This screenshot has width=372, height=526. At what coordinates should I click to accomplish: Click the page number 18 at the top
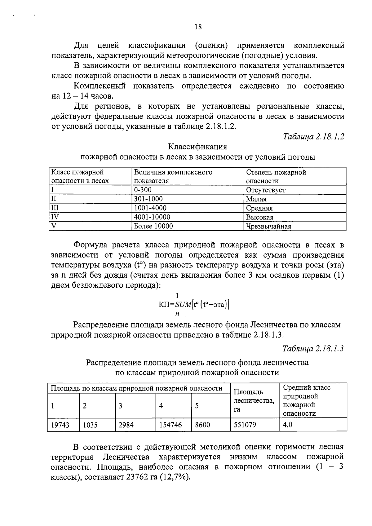point(198,27)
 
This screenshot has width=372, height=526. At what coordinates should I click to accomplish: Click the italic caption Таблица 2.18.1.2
point(313,137)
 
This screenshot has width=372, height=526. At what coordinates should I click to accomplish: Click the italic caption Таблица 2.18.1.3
point(313,348)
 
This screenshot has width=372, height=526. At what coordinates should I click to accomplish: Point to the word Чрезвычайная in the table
point(268,226)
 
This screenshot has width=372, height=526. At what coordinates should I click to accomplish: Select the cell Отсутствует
point(266,190)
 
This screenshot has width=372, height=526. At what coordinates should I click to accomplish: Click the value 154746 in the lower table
point(170,425)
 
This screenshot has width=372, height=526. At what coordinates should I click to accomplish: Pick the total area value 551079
point(245,425)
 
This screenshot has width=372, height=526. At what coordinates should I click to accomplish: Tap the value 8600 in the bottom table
point(202,425)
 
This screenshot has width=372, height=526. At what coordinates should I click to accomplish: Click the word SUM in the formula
point(183,305)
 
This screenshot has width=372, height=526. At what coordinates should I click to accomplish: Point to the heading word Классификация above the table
point(197,147)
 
